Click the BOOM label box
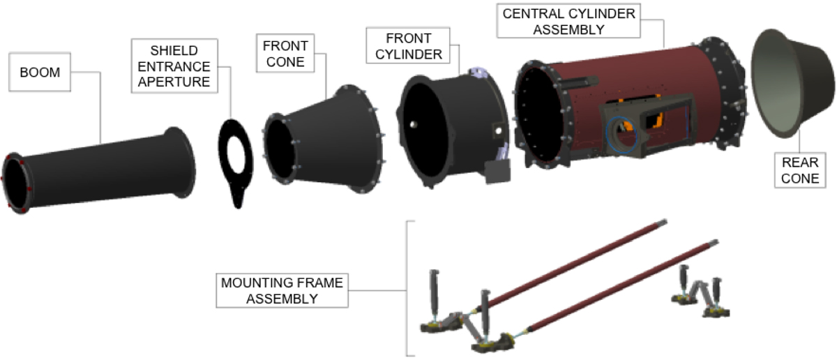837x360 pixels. tap(40, 72)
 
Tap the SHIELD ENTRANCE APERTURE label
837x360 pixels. tap(174, 66)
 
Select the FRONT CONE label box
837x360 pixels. tap(285, 54)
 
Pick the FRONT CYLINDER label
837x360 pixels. tap(408, 45)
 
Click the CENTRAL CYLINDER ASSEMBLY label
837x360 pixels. tap(568, 21)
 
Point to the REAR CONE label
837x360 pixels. tap(800, 170)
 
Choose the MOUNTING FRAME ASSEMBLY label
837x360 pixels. tap(282, 290)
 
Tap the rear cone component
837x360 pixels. tap(792, 83)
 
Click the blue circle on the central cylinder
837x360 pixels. tap(621, 135)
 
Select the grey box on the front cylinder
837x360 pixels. tap(498, 172)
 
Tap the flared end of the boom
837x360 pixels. tap(181, 163)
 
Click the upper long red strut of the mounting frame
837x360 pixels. tap(571, 265)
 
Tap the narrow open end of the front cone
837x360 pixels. tap(280, 149)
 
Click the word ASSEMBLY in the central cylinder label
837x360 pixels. tap(568, 29)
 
